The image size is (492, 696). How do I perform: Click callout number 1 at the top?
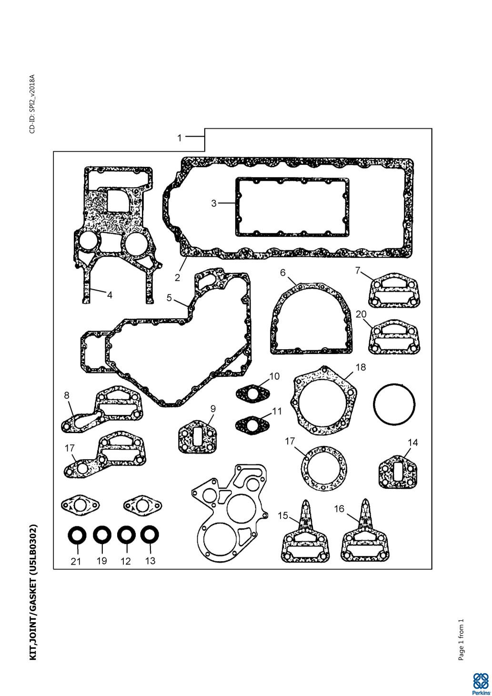pos(179,138)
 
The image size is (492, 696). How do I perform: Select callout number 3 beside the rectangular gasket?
pos(214,203)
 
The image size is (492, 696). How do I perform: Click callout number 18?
pos(361,367)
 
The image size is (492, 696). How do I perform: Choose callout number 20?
pos(361,314)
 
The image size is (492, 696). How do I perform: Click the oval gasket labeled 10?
pos(252,394)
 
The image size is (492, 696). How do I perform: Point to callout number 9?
pos(213,409)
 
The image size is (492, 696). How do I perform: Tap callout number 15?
pos(283,515)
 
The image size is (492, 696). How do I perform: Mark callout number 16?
pos(339,509)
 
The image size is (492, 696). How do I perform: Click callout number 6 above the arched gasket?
pos(282,272)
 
